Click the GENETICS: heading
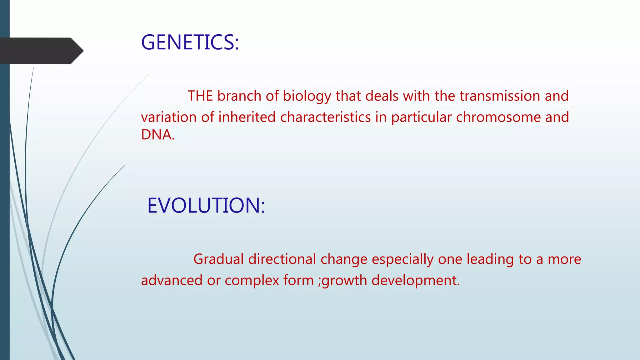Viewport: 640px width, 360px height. pos(190,42)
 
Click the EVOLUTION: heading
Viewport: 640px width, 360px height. pos(206,206)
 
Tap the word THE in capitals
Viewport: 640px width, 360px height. pos(200,96)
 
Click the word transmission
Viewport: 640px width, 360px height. pos(500,96)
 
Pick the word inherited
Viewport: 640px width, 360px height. pos(247,117)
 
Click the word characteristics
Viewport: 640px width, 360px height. pos(325,117)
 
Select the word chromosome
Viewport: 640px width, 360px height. pos(498,117)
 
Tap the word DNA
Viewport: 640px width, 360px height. pos(157,135)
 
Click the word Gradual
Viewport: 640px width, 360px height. pos(218,259)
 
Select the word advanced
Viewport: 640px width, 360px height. pos(172,280)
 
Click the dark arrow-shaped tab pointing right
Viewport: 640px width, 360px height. pos(41,51)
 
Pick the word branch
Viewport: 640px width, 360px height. pos(239,96)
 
